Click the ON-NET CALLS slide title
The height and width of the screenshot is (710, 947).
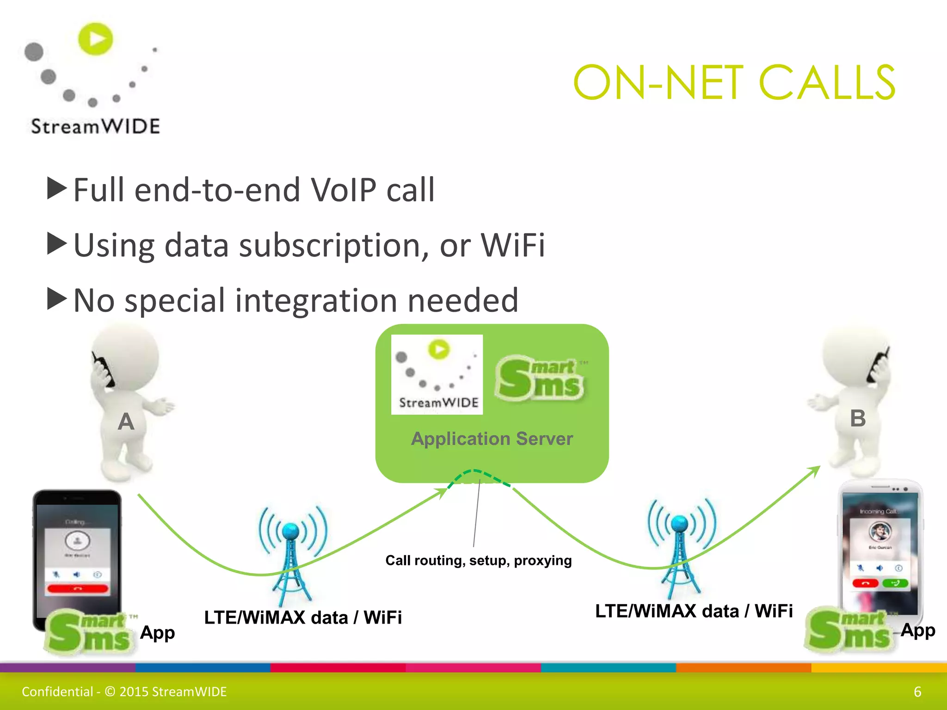pyautogui.click(x=734, y=83)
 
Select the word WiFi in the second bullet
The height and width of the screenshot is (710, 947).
pyautogui.click(x=513, y=245)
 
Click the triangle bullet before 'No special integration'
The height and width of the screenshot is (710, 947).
pyautogui.click(x=57, y=299)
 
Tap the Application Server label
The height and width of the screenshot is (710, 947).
pyautogui.click(x=492, y=439)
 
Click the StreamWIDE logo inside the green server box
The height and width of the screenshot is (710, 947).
pyautogui.click(x=437, y=374)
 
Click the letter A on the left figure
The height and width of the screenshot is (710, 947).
pyautogui.click(x=126, y=422)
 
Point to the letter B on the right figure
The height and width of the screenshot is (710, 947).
pyautogui.click(x=858, y=418)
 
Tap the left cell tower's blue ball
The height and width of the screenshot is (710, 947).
pyautogui.click(x=291, y=531)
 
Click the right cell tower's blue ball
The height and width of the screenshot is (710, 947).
pyautogui.click(x=680, y=524)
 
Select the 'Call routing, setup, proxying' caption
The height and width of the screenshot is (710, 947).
pyautogui.click(x=479, y=561)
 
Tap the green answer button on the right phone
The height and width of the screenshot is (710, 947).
pyautogui.click(x=895, y=583)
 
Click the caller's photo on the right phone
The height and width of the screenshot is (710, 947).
pyautogui.click(x=879, y=532)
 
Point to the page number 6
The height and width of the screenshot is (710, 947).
pyautogui.click(x=917, y=692)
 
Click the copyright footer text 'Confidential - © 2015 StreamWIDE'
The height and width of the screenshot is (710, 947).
pyautogui.click(x=124, y=692)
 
